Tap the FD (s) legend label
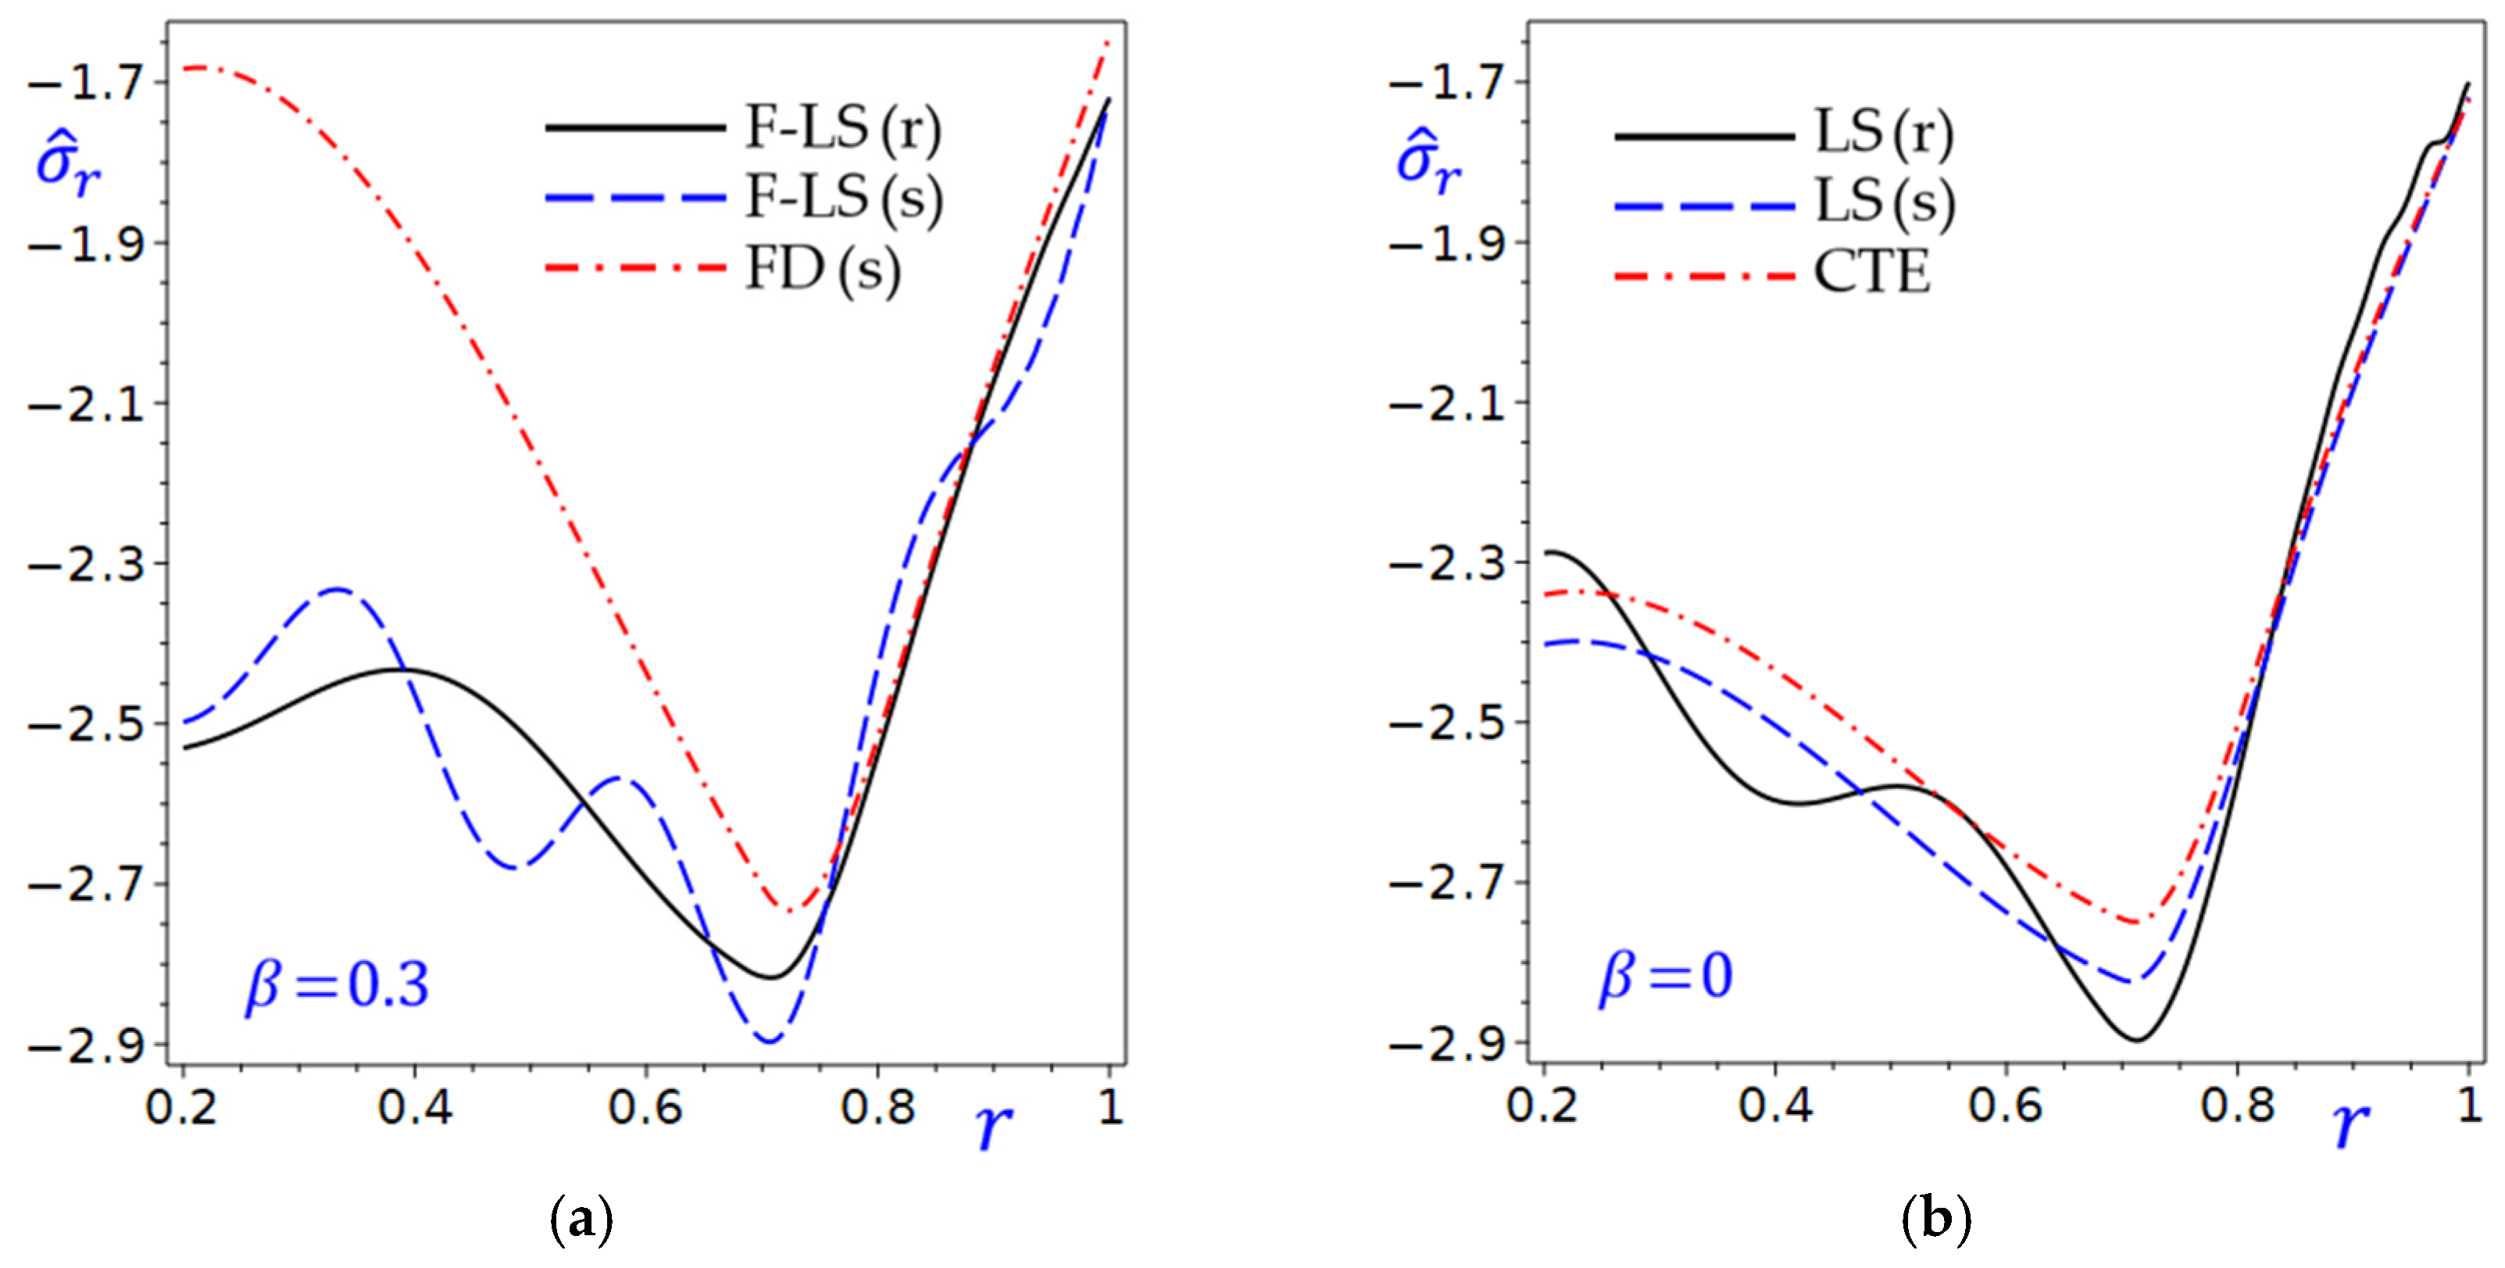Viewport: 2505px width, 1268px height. point(823,269)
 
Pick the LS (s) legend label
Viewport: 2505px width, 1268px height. point(1885,202)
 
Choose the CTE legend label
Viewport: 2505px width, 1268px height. point(1872,272)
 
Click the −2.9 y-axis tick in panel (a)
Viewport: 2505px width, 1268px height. point(87,1046)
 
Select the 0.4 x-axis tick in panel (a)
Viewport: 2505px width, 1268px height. point(415,1106)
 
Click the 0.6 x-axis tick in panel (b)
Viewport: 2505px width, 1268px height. point(2007,1106)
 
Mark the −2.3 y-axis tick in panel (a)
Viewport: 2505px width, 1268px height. point(87,564)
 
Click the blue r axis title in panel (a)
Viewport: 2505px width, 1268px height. point(993,1126)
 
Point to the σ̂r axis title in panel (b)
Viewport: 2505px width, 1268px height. point(1428,163)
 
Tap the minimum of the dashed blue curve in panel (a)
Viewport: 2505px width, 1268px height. point(769,1042)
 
